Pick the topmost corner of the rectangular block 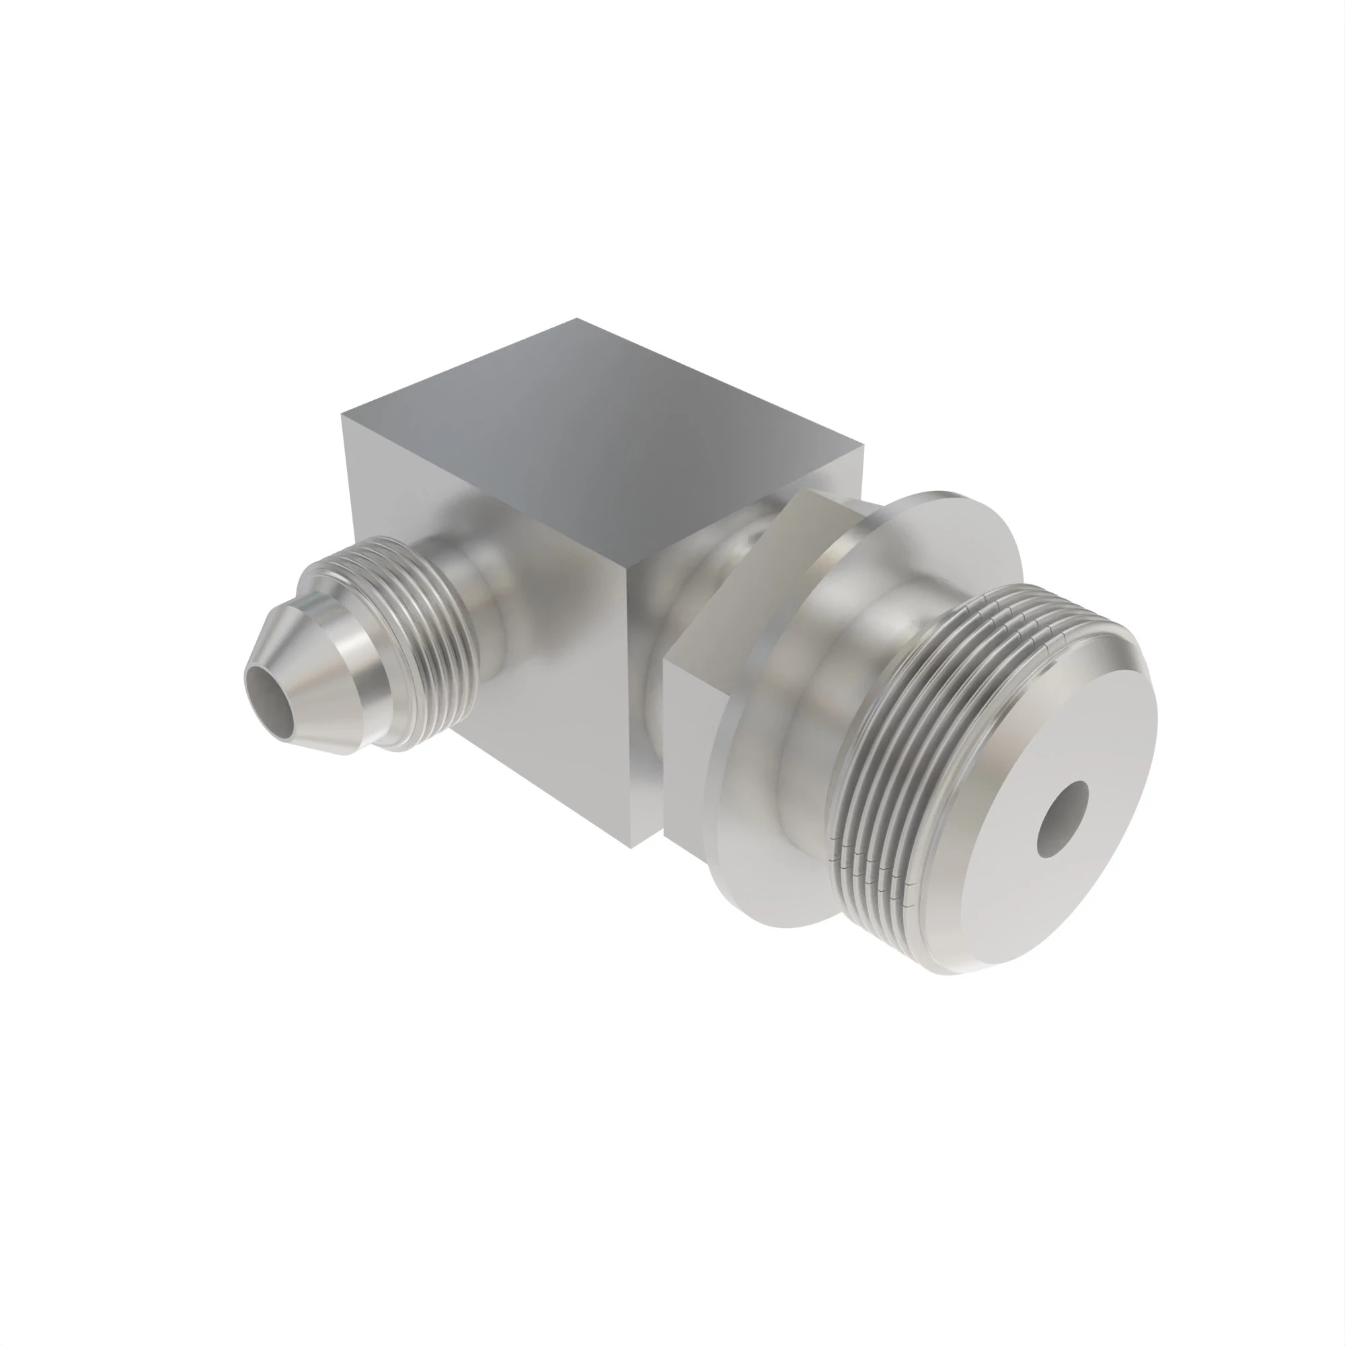[576, 319]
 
